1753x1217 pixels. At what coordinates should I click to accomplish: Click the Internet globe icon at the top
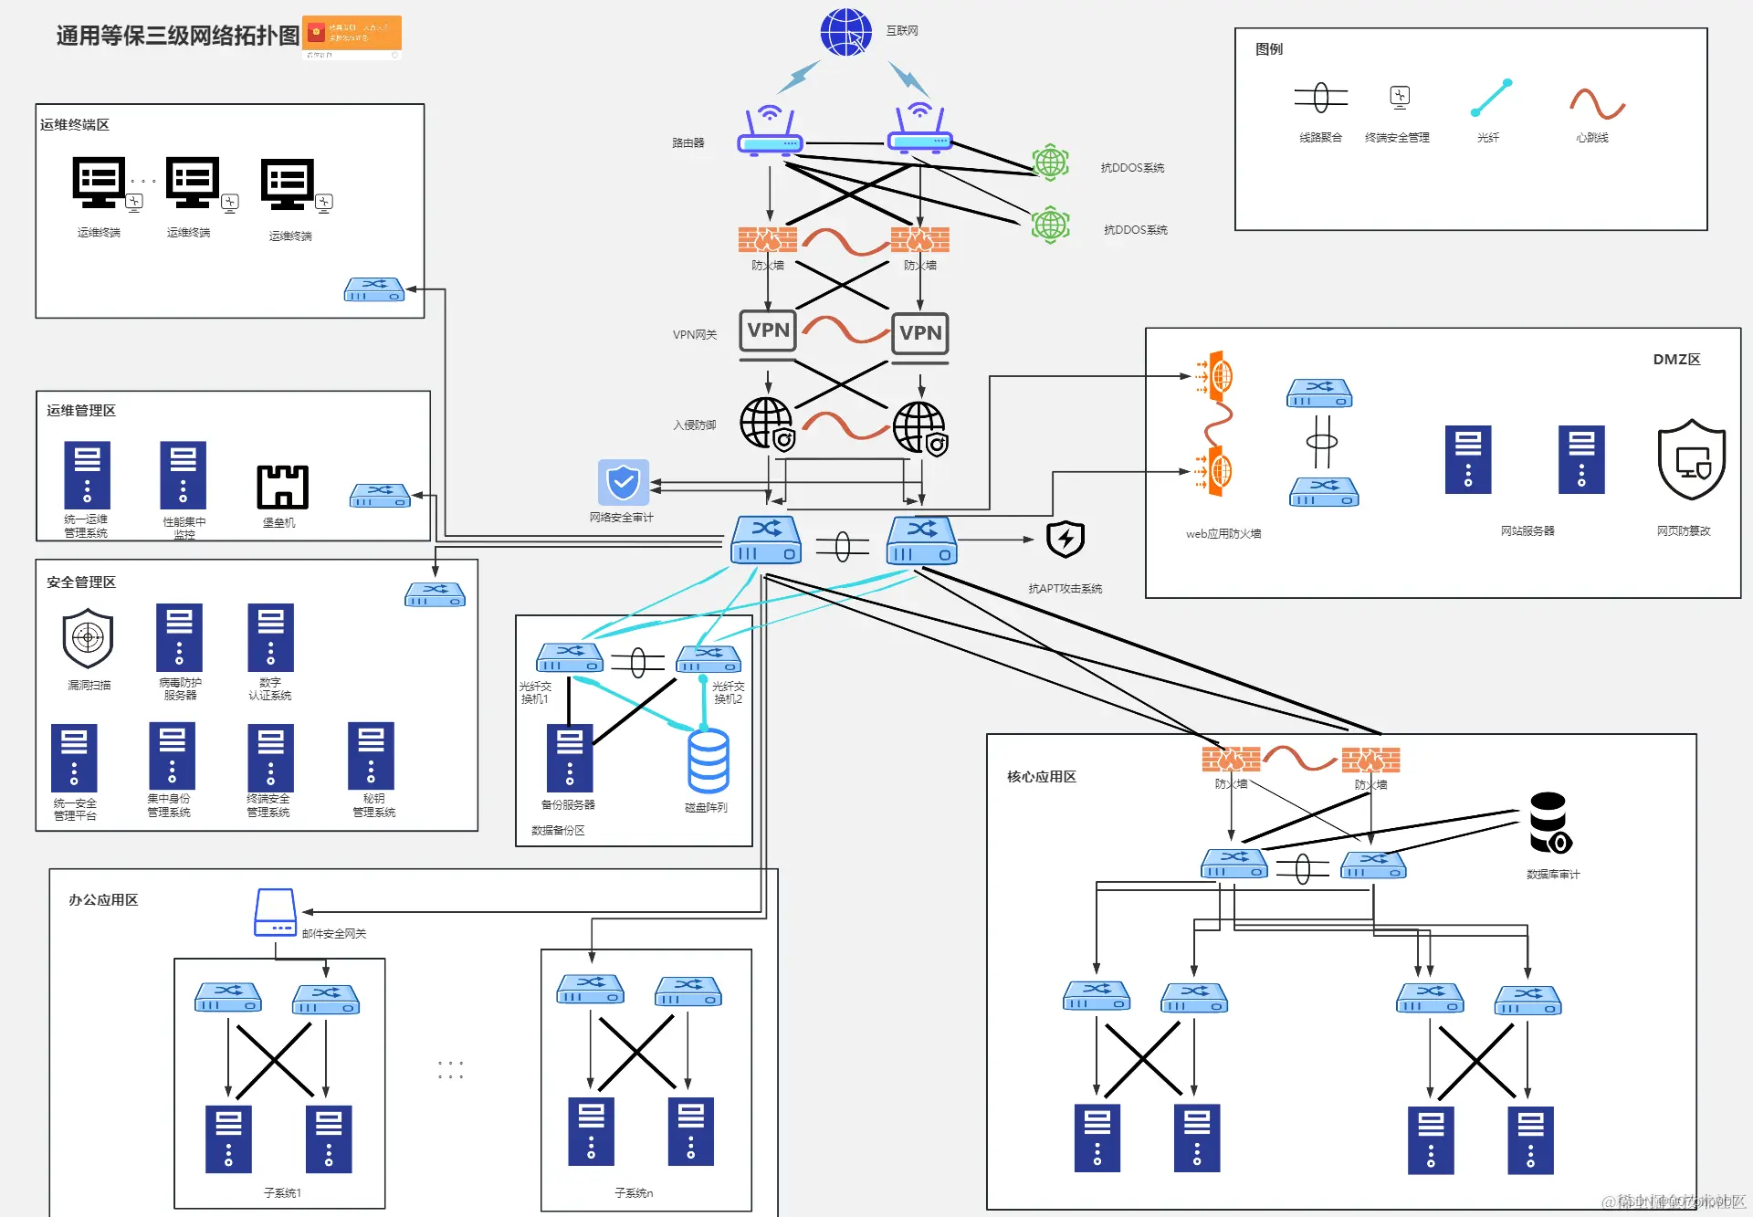(x=845, y=32)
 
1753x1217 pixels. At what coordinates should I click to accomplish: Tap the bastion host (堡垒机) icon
(x=282, y=487)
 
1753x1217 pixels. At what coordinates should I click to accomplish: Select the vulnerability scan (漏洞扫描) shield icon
(x=88, y=638)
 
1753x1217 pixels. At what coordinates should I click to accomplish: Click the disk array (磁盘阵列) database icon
(x=708, y=761)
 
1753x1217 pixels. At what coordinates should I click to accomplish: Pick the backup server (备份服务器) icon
(x=570, y=758)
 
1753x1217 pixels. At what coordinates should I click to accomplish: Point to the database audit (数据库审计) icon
(x=1549, y=823)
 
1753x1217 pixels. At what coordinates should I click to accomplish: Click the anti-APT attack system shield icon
(x=1065, y=540)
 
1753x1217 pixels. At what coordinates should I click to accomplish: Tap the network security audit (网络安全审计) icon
(x=624, y=482)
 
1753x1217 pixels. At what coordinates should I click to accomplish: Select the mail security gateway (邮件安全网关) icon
(x=275, y=912)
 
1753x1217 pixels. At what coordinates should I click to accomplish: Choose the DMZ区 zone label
(x=1676, y=360)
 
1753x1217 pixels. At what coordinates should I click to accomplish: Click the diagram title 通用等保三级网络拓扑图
(x=178, y=36)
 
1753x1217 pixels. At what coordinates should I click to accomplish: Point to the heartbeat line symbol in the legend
(x=1597, y=103)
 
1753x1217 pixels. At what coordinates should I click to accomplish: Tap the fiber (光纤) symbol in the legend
(x=1491, y=98)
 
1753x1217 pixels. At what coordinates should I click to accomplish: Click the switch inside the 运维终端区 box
(x=374, y=289)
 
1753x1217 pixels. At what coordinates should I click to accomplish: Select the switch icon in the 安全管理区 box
(x=436, y=594)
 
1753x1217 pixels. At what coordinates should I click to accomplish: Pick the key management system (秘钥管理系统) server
(x=371, y=756)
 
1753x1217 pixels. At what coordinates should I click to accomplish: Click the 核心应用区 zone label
(x=1041, y=777)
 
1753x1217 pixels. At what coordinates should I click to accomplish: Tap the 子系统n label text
(x=634, y=1193)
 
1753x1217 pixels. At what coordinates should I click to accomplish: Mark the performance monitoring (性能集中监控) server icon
(x=183, y=475)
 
